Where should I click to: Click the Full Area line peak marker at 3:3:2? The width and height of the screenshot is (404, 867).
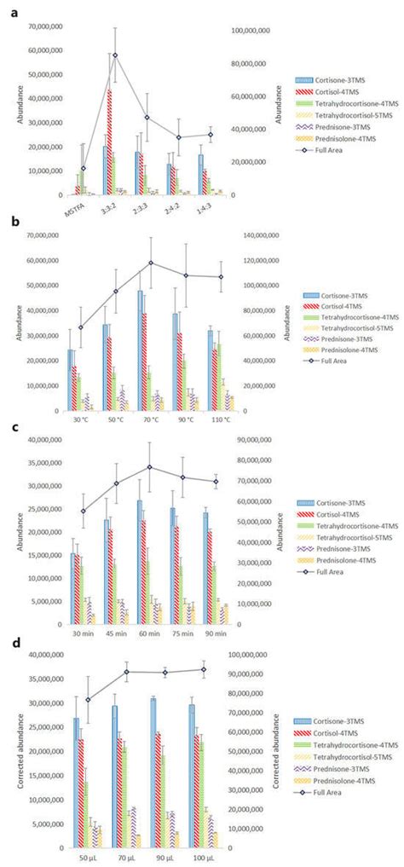(x=115, y=55)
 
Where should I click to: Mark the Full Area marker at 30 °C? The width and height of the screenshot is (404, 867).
(x=81, y=327)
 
